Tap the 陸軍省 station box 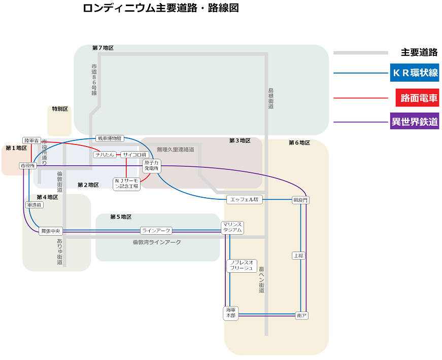coord(31,140)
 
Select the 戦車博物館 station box coord(110,138)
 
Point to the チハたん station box coord(105,155)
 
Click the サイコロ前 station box coord(135,155)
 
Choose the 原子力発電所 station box coord(152,166)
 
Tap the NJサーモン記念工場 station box coord(126,184)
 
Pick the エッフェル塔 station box coord(245,200)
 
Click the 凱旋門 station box coord(300,200)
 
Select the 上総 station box coord(298,256)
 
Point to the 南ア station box coord(301,315)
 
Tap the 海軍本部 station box coord(231,313)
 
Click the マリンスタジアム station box coord(232,227)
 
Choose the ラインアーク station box coord(156,231)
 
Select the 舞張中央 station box coord(51,231)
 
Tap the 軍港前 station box coord(35,205)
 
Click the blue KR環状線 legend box coord(415,73)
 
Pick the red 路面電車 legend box coord(418,98)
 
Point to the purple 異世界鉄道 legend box coord(415,121)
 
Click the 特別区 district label coord(60,109)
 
